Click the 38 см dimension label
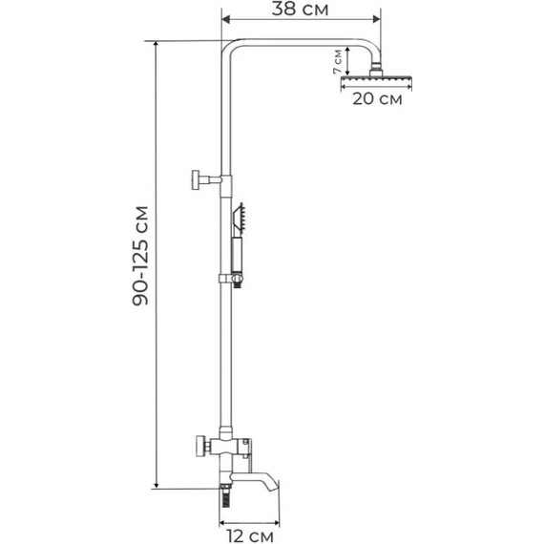300,9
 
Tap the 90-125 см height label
140,256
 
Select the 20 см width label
377,99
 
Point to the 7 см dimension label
337,61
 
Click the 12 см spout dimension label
250,535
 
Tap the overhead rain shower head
376,81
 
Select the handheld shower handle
238,255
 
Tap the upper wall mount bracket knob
196,179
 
